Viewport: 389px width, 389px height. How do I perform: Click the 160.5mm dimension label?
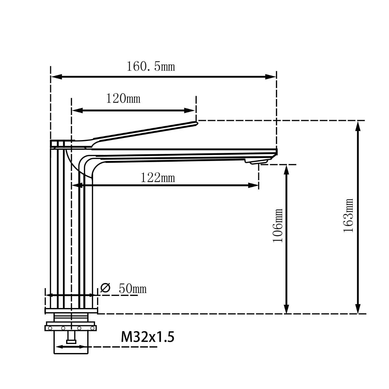(151, 67)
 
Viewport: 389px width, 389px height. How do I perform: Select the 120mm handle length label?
(124, 99)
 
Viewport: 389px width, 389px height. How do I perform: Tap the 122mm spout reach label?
(158, 178)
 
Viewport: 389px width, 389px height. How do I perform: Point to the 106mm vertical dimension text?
(278, 225)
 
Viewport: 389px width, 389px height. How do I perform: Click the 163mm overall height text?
(348, 215)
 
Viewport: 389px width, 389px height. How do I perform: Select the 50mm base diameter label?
(133, 288)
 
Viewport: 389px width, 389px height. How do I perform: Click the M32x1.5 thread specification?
(148, 337)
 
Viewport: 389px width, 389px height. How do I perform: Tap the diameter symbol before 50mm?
(105, 288)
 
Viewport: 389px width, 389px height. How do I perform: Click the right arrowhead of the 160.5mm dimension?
(271, 77)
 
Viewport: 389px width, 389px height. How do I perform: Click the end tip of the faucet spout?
(277, 151)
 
